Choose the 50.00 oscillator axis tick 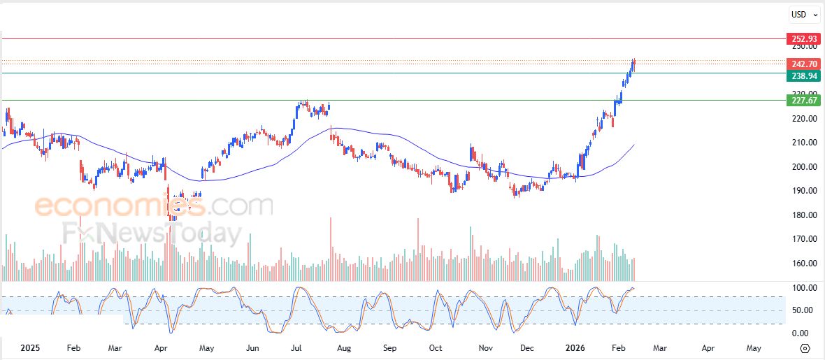(799, 310)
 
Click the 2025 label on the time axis (31, 347)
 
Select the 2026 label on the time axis (575, 347)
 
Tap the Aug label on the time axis (343, 347)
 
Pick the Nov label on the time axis (481, 347)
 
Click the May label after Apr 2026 (754, 347)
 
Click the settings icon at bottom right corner (805, 347)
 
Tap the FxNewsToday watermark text (152, 233)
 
